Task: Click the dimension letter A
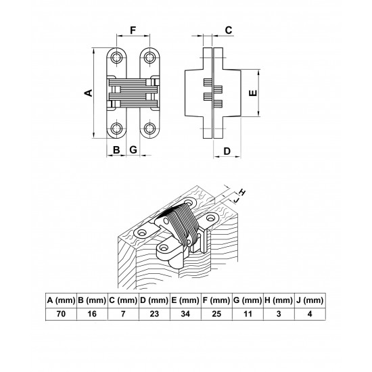coord(89,93)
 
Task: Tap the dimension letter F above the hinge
coord(133,30)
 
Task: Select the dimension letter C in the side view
coord(229,30)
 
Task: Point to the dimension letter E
coord(254,93)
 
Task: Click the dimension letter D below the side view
coord(227,151)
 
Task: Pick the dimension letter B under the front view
coord(116,150)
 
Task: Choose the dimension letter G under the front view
coord(133,150)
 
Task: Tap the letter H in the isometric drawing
coord(242,192)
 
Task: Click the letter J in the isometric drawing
coord(236,200)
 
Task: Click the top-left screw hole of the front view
coord(116,57)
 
